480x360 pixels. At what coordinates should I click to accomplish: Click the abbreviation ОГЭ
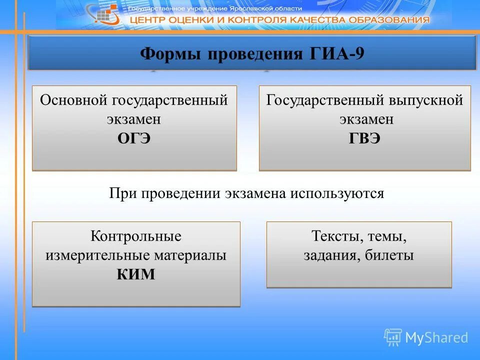click(134, 138)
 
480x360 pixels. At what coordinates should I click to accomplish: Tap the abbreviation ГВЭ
click(364, 138)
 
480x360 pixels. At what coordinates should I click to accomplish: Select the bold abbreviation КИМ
click(136, 274)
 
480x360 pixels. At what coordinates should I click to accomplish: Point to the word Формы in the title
click(166, 53)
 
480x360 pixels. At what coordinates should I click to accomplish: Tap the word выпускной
click(425, 100)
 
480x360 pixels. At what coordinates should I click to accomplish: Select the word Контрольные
click(136, 235)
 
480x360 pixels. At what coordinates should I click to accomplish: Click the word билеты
click(389, 255)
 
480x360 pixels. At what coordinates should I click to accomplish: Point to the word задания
click(331, 255)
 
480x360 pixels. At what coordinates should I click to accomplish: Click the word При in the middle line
click(121, 193)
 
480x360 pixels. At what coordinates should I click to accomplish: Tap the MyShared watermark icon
click(392, 337)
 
